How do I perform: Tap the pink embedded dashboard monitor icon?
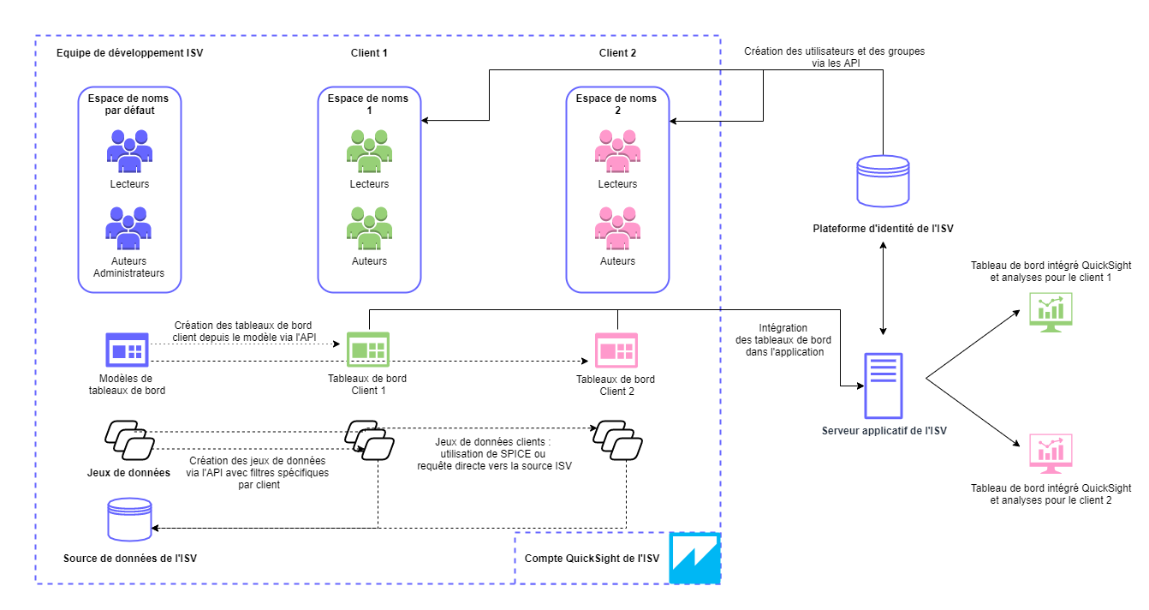(x=1051, y=454)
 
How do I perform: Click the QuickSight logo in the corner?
(x=694, y=559)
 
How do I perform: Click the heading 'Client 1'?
(x=369, y=53)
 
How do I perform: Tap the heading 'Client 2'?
(x=617, y=53)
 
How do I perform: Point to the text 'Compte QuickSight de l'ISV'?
(x=592, y=559)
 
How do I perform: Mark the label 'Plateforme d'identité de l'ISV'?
(x=883, y=228)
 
